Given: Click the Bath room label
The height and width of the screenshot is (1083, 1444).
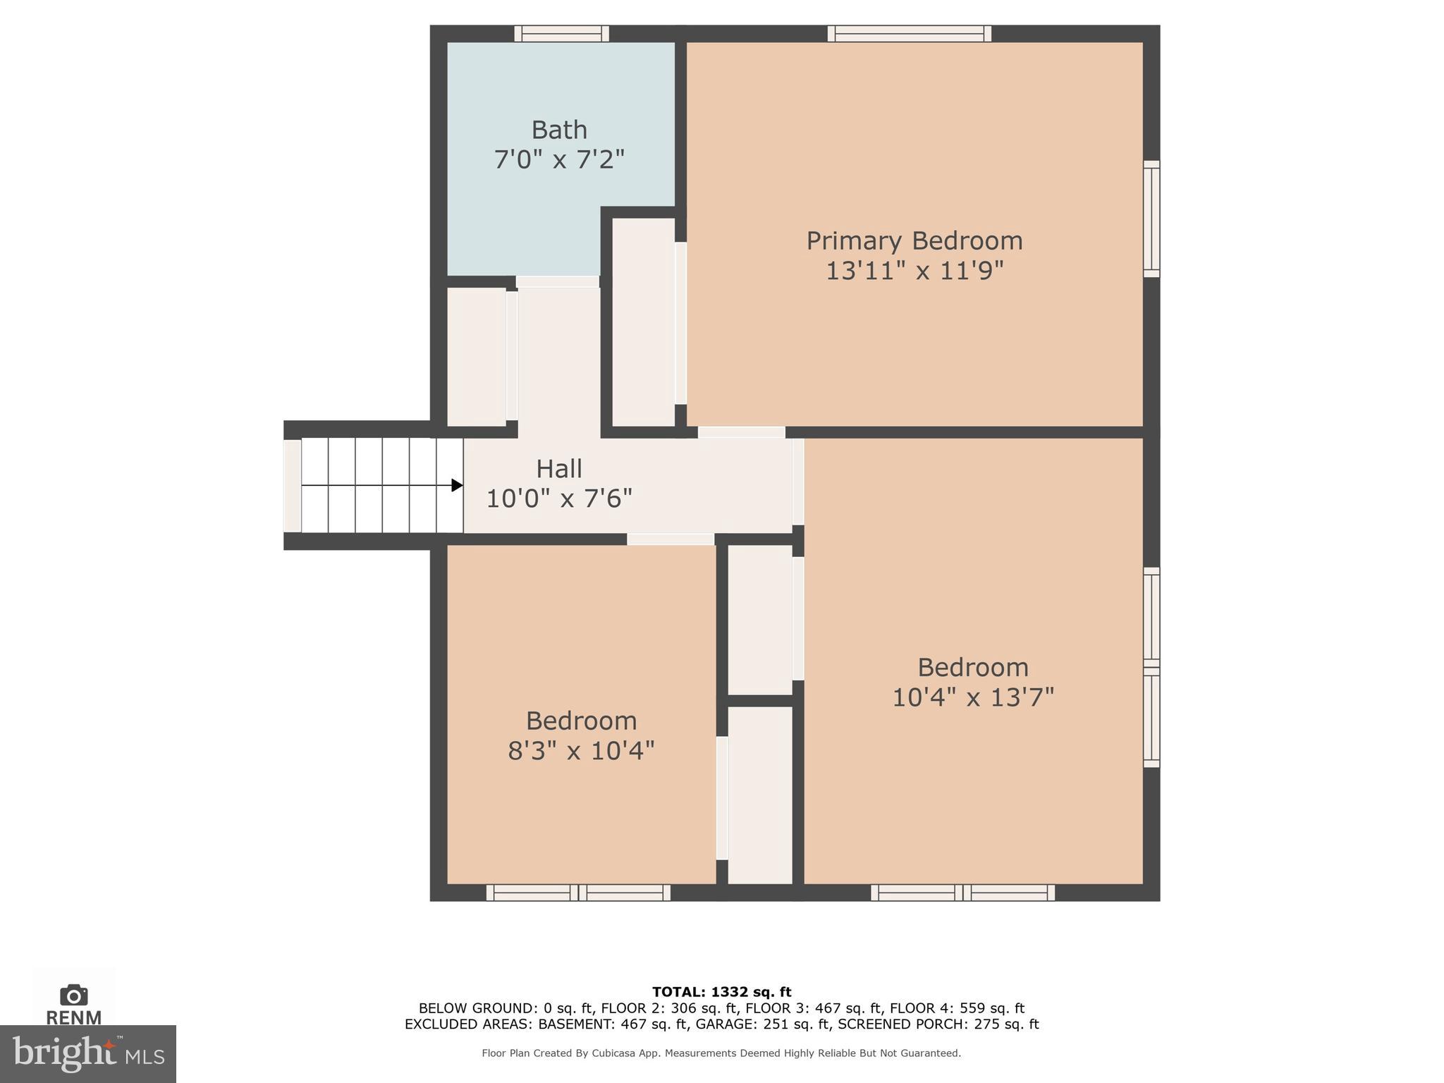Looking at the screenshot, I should click(x=558, y=130).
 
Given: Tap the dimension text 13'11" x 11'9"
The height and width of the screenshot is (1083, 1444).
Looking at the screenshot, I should click(x=914, y=271).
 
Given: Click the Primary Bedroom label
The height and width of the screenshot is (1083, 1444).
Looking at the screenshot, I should click(x=914, y=241).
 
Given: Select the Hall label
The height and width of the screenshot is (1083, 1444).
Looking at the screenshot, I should click(x=558, y=469).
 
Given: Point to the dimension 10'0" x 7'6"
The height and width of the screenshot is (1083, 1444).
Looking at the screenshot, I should click(x=558, y=498).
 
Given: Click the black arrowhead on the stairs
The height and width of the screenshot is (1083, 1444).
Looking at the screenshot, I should click(x=457, y=485).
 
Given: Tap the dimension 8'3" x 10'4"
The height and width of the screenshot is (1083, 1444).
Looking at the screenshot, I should click(x=581, y=750).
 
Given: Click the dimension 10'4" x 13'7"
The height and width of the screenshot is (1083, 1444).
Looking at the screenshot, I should click(x=973, y=697).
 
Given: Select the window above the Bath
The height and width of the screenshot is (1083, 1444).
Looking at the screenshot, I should click(x=561, y=33).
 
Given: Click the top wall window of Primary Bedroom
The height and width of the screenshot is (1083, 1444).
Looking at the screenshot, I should click(x=909, y=33).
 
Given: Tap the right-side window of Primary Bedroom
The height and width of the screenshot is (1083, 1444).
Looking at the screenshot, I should click(x=1151, y=219).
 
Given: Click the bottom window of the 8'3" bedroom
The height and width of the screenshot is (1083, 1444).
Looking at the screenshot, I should click(x=578, y=893).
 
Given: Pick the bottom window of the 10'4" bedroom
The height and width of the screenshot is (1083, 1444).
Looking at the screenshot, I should click(x=962, y=893).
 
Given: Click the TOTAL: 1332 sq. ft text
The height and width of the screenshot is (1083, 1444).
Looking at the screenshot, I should click(x=721, y=992).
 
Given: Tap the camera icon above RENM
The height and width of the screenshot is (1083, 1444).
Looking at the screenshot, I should click(x=73, y=996).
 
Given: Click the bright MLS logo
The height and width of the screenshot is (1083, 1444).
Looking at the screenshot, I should click(x=87, y=1053).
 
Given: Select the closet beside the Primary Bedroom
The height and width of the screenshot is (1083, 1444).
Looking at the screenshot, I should click(x=643, y=322).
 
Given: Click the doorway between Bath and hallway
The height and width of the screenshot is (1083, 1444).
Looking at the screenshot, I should click(x=557, y=281).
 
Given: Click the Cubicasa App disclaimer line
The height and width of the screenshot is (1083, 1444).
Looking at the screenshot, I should click(x=721, y=1053).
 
